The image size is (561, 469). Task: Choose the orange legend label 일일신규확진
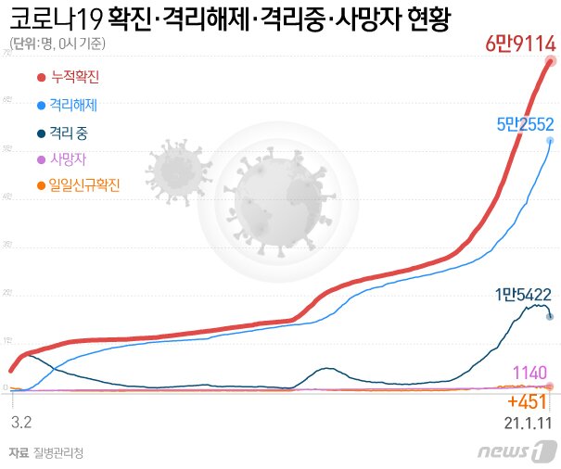[86, 185]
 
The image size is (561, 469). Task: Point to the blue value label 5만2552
[522, 122]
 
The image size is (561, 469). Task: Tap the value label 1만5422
[523, 296]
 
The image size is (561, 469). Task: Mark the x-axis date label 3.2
[21, 421]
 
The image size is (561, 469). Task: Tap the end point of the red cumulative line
[551, 62]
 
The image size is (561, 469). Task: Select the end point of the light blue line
[551, 141]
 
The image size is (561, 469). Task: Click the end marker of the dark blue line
[551, 317]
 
